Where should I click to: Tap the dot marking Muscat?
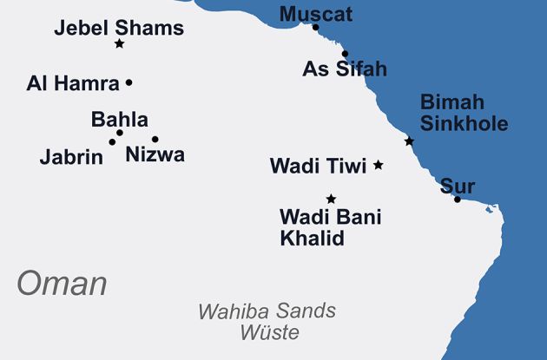click(315, 28)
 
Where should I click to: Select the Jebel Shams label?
click(119, 28)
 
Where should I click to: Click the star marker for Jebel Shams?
click(119, 43)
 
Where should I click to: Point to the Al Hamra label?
click(73, 83)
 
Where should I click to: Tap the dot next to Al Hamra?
click(129, 82)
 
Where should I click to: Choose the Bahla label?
click(120, 120)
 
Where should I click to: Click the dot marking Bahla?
click(120, 133)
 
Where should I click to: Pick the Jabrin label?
click(71, 157)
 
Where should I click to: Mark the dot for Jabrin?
click(112, 141)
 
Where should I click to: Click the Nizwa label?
click(155, 155)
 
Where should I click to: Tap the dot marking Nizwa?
click(155, 139)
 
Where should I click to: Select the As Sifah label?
click(345, 69)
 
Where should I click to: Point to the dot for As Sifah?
click(345, 54)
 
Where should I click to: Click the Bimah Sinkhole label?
click(464, 112)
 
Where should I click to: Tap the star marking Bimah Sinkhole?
click(409, 141)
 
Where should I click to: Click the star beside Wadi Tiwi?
click(378, 164)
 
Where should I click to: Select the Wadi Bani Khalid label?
click(330, 227)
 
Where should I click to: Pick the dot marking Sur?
click(458, 200)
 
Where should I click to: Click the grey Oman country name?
click(62, 284)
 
